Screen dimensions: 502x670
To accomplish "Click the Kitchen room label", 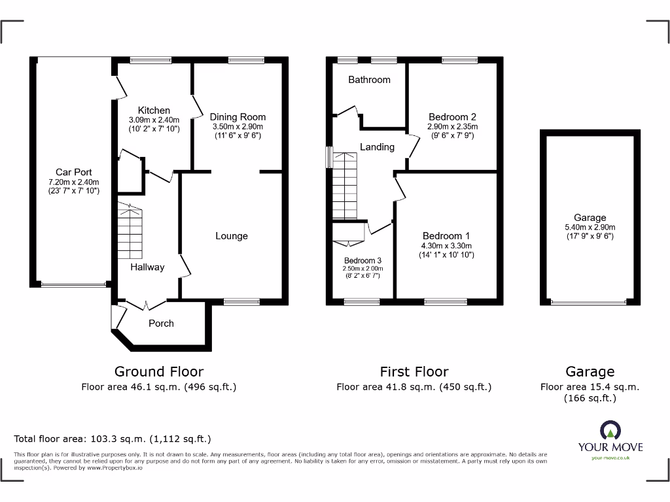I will point(154,110).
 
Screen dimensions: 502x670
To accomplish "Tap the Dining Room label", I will point(238,117).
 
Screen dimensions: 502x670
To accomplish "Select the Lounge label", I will point(232,236).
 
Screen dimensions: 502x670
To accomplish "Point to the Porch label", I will point(161,324).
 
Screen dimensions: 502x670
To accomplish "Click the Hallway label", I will point(147,267).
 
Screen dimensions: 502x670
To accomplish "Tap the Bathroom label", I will point(369,80).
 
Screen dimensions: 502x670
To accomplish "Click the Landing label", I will point(377,147).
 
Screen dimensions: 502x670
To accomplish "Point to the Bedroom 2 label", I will point(452,117).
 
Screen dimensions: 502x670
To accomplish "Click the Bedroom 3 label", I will point(363,260).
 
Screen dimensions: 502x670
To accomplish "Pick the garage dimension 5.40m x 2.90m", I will point(590,227).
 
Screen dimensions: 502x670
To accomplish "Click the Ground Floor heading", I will point(159,372).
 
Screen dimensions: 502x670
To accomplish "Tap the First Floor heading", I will point(414,372).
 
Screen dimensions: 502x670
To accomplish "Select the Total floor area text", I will point(113,439).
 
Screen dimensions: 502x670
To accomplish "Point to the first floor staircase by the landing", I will point(344,186).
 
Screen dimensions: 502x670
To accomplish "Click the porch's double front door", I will point(145,303).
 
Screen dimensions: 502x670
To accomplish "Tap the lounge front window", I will point(241,301).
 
